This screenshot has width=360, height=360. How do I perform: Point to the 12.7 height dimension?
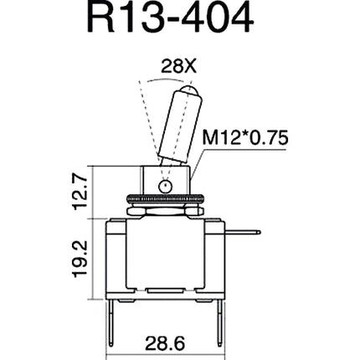coord(77,191)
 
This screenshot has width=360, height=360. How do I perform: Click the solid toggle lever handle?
coord(178,126)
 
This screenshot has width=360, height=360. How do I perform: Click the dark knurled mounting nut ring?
coord(167,199)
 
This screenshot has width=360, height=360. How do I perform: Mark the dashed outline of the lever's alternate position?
coord(147,126)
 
